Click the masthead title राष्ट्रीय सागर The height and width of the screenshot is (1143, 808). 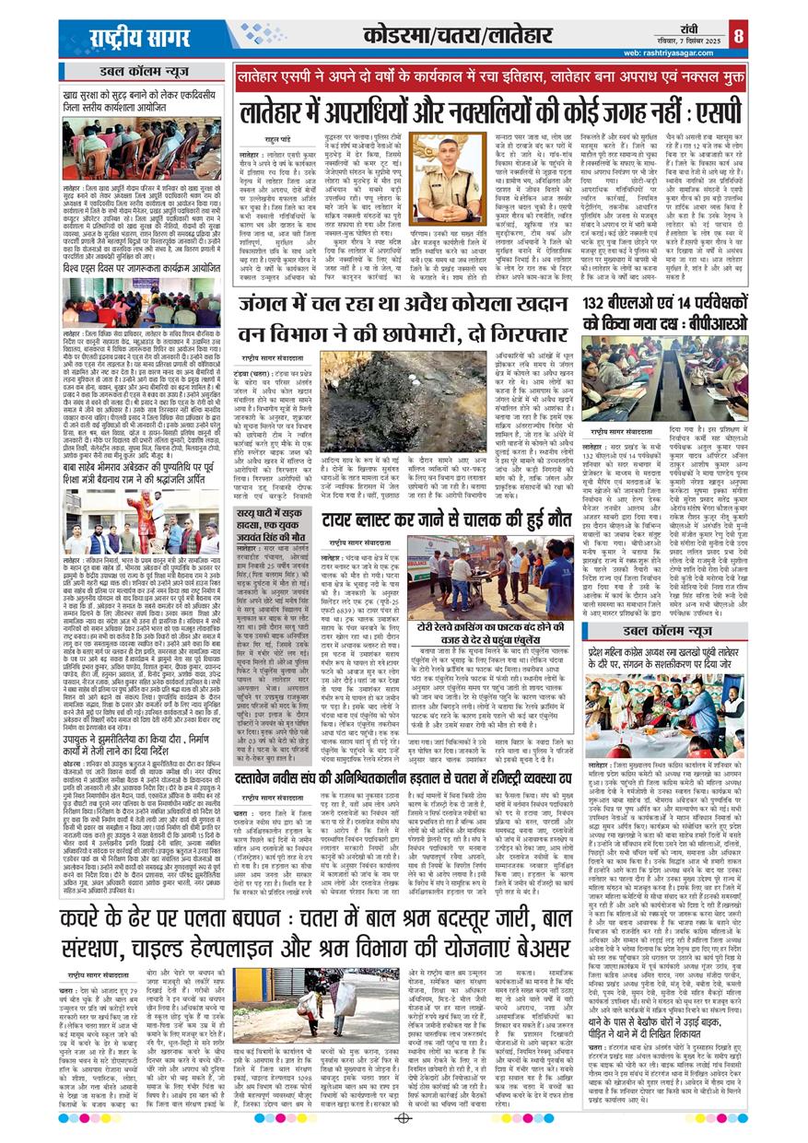click(139, 40)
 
